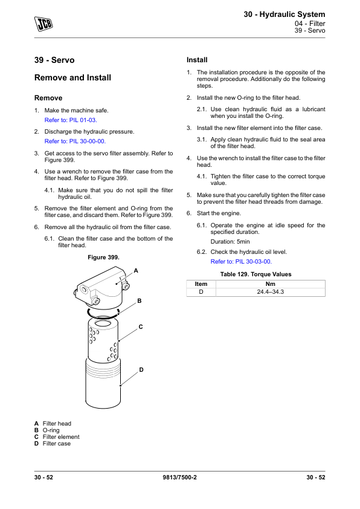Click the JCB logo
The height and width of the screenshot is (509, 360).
pyautogui.click(x=43, y=24)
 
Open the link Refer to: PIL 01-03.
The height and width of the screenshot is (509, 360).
pyautogui.click(x=71, y=120)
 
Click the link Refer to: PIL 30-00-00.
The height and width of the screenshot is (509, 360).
pyautogui.click(x=75, y=141)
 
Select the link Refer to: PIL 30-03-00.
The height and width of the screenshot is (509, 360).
pyautogui.click(x=241, y=262)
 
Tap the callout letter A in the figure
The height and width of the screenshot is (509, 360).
pyautogui.click(x=136, y=271)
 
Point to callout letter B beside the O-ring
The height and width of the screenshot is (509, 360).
pyautogui.click(x=140, y=301)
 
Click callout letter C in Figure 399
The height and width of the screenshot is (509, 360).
pyautogui.click(x=141, y=327)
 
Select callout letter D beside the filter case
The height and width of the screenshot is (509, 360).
pyautogui.click(x=141, y=370)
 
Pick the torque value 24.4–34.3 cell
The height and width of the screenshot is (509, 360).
pyautogui.click(x=270, y=292)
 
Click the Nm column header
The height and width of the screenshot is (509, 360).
pyautogui.click(x=270, y=284)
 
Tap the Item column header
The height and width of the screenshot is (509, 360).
pyautogui.click(x=201, y=284)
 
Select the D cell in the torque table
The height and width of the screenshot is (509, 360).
pyautogui.click(x=201, y=292)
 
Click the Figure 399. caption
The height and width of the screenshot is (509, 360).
pyautogui.click(x=103, y=258)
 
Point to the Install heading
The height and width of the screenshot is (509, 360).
pyautogui.click(x=197, y=60)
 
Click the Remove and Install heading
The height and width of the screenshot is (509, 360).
pyautogui.click(x=72, y=77)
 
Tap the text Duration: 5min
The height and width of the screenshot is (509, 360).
pyautogui.click(x=230, y=242)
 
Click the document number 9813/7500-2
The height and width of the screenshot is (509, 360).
pyautogui.click(x=179, y=478)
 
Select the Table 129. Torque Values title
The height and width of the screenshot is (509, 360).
pyautogui.click(x=256, y=274)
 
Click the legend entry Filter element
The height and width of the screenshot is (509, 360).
pyautogui.click(x=61, y=437)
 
